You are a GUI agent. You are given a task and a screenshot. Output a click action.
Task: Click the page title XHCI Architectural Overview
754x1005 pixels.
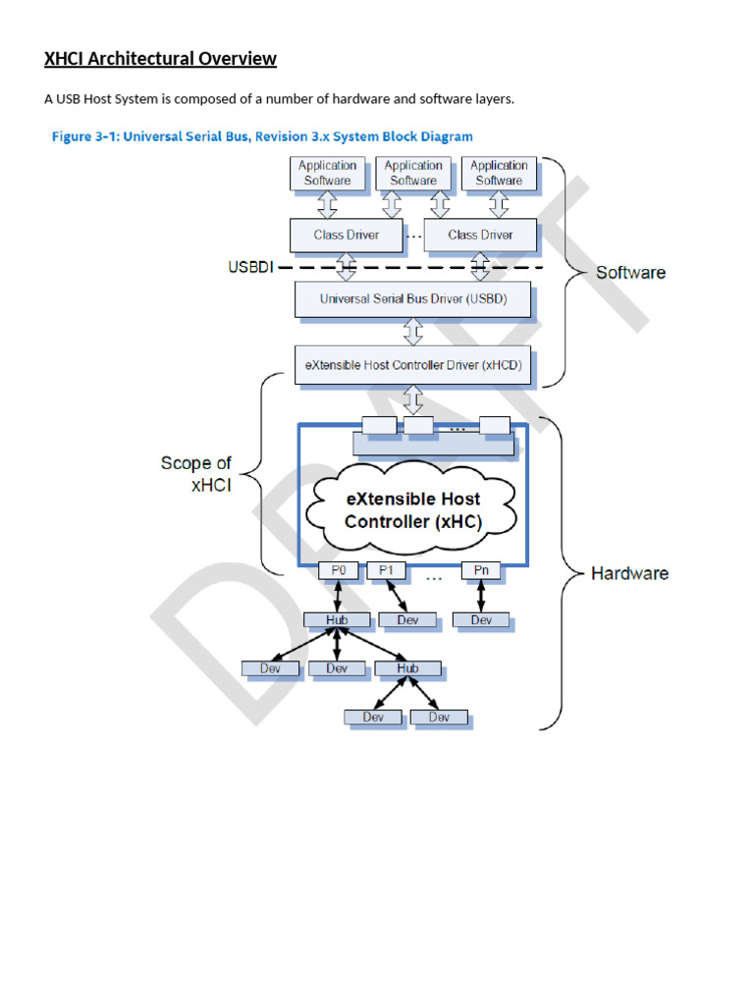(160, 59)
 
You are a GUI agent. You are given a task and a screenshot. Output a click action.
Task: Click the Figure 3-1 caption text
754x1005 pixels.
(261, 136)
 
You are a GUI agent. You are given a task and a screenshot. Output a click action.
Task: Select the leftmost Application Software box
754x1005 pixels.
(327, 174)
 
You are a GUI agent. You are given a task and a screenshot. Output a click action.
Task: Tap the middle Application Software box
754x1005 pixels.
(412, 174)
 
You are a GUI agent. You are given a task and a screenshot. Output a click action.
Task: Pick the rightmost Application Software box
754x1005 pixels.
(498, 174)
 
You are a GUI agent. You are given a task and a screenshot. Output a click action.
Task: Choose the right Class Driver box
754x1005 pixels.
(480, 236)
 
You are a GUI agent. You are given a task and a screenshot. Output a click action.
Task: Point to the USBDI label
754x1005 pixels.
(250, 266)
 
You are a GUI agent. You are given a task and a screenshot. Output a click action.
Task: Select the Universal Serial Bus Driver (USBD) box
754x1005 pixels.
(412, 299)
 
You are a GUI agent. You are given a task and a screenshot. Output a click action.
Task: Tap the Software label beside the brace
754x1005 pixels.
(630, 273)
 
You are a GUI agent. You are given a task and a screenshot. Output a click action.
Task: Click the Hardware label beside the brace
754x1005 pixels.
(629, 573)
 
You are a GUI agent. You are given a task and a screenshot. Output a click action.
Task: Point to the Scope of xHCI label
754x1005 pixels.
(196, 474)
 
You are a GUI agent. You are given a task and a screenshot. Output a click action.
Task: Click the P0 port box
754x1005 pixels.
(338, 570)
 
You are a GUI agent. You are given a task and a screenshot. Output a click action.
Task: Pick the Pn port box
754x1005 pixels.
(481, 570)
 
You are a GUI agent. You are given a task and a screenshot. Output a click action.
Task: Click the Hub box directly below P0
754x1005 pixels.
(337, 619)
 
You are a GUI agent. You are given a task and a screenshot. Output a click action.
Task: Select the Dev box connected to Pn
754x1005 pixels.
(481, 619)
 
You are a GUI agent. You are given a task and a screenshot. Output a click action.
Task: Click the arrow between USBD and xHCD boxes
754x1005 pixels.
(413, 333)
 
